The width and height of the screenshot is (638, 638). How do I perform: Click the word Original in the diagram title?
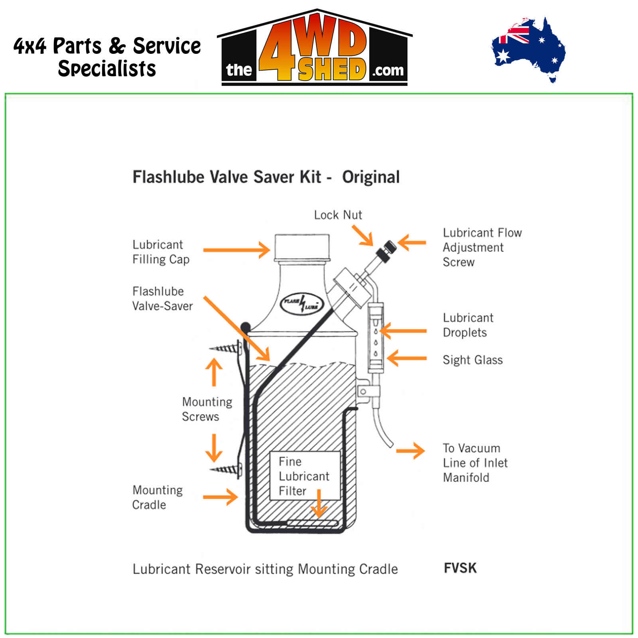[x=371, y=177]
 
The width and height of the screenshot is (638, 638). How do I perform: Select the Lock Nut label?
[x=338, y=215]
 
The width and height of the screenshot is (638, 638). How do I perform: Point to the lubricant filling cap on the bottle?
[x=302, y=247]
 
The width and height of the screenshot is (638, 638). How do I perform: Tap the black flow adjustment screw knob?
[x=386, y=250]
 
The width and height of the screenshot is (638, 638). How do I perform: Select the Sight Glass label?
[x=473, y=360]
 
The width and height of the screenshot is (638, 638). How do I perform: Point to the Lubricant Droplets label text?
[x=468, y=325]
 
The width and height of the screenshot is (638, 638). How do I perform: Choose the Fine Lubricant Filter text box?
[x=305, y=476]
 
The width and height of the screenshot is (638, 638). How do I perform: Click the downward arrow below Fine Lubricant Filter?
[x=319, y=504]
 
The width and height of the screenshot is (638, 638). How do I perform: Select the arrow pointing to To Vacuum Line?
[x=411, y=451]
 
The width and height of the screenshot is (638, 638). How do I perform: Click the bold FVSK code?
[x=460, y=568]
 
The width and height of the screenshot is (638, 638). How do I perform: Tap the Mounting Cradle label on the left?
[x=158, y=497]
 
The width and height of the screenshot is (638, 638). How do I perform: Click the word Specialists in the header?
[x=107, y=69]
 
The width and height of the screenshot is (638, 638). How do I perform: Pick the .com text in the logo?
[x=388, y=71]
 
